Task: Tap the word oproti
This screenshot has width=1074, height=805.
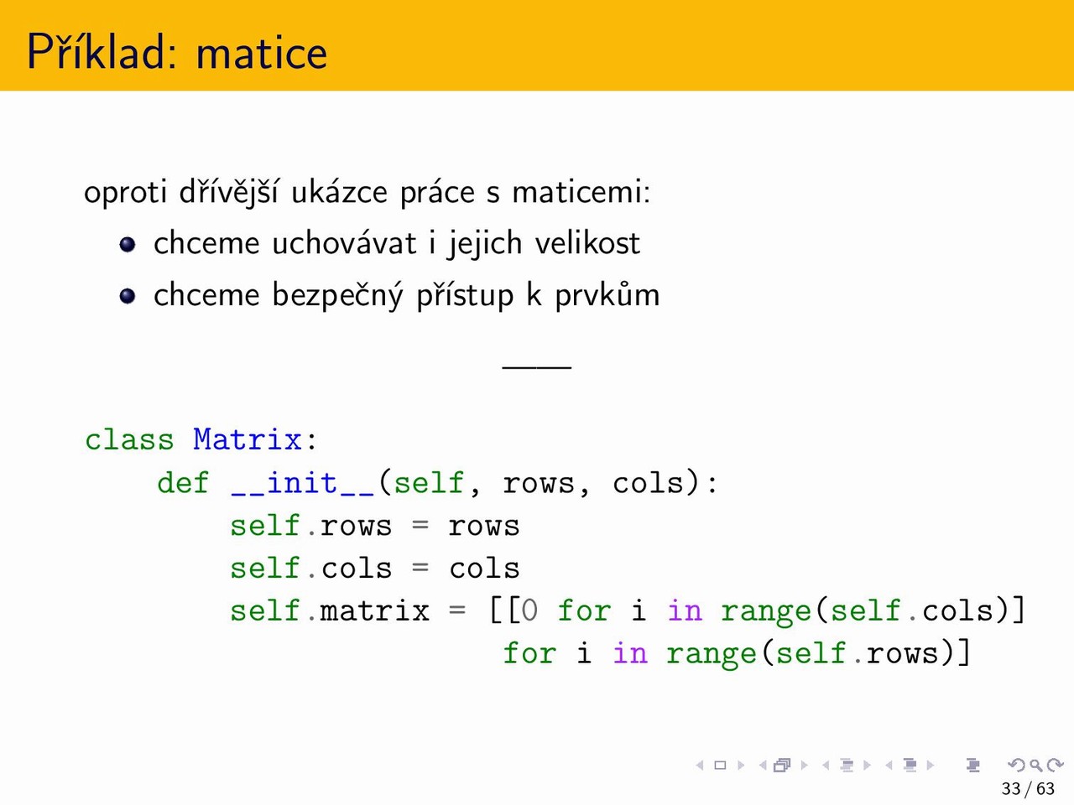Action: pyautogui.click(x=126, y=192)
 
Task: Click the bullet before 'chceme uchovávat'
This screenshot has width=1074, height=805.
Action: pyautogui.click(x=128, y=244)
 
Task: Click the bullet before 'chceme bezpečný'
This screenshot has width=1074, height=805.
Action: pyautogui.click(x=128, y=296)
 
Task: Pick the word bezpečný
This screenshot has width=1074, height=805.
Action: pyautogui.click(x=337, y=294)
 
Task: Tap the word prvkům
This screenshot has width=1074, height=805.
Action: pyautogui.click(x=607, y=294)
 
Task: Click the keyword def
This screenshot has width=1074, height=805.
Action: pyautogui.click(x=183, y=483)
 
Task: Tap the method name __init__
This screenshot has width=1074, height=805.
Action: pyautogui.click(x=303, y=483)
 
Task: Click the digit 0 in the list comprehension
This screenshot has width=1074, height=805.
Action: pyautogui.click(x=529, y=610)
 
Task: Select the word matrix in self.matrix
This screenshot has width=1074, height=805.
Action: pyautogui.click(x=375, y=610)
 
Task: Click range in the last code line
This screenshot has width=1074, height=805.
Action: pyautogui.click(x=711, y=654)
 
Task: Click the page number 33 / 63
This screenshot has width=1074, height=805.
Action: pyautogui.click(x=1028, y=788)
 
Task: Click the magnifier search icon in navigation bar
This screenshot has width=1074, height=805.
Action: pyautogui.click(x=1036, y=765)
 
